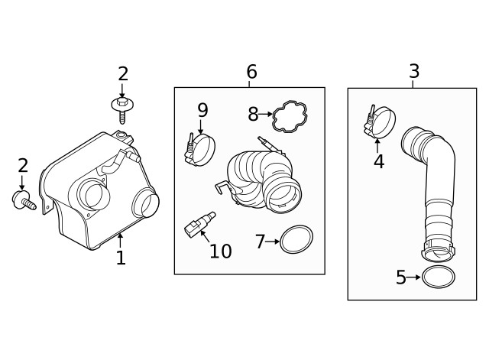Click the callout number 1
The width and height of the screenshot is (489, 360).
pos(120,258)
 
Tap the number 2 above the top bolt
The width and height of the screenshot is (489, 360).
pos(123,74)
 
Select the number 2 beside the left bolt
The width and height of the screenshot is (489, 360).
pos(22,166)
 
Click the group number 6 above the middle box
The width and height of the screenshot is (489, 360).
pos(251,73)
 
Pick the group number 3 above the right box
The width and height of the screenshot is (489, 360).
pos(414,72)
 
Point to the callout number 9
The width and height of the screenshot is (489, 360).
pos(202,110)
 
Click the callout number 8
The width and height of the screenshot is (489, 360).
pos(253,115)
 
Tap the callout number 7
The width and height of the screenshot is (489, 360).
pos(260,242)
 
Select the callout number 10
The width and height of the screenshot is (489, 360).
pos(220,251)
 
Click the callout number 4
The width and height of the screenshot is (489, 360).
pos(379,162)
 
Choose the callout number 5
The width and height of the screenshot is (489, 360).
pos(400,277)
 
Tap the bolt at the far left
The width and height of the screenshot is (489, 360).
pos(21,201)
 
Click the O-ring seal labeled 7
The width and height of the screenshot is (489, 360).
pos(296,239)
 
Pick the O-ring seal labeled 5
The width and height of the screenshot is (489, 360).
pos(438,277)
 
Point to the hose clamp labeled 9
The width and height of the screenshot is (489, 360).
pos(201,149)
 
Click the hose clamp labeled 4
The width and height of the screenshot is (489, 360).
pos(381,123)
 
